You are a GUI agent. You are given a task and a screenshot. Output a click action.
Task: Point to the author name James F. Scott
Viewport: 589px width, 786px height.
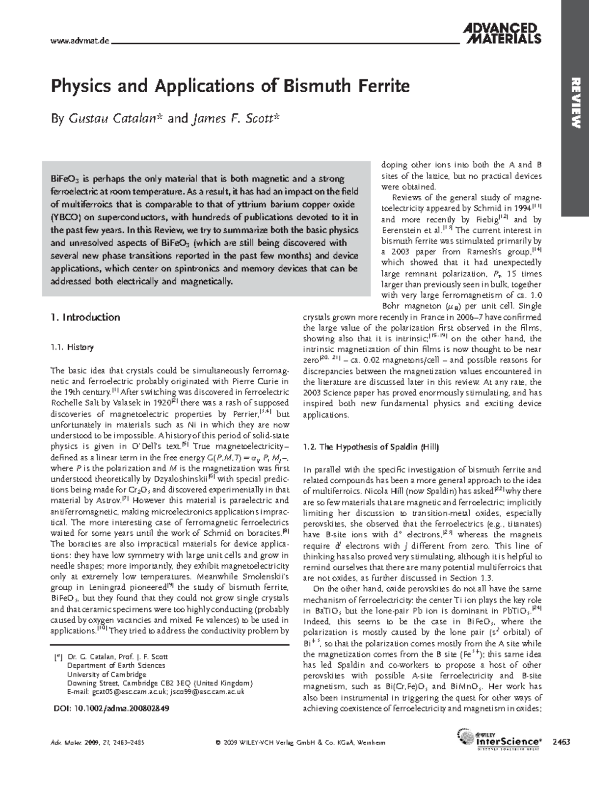point(234,119)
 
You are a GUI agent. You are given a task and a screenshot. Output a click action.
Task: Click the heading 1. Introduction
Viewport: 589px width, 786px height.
point(85,317)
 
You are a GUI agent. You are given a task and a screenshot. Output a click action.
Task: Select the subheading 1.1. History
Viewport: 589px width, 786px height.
point(72,347)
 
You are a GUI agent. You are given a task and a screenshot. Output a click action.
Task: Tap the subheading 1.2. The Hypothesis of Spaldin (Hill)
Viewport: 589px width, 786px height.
point(371,447)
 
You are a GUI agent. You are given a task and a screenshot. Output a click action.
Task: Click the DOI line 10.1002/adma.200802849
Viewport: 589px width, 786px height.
point(110,709)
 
